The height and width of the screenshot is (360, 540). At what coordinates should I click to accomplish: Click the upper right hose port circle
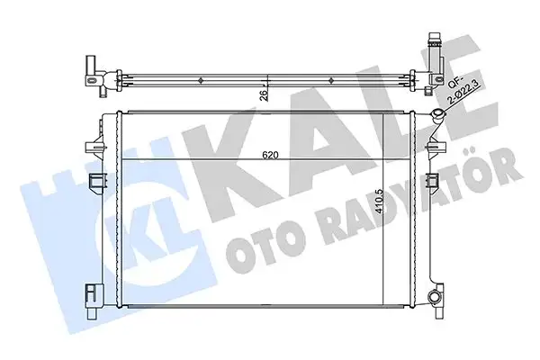tap(437, 116)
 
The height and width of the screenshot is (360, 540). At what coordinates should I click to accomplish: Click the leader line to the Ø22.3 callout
tap(447, 109)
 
